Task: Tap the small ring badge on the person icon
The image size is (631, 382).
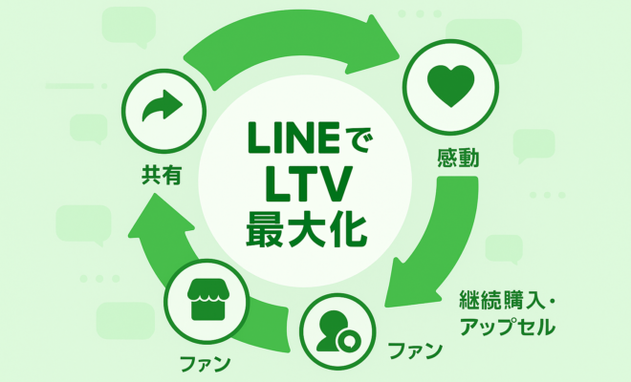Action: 352,341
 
